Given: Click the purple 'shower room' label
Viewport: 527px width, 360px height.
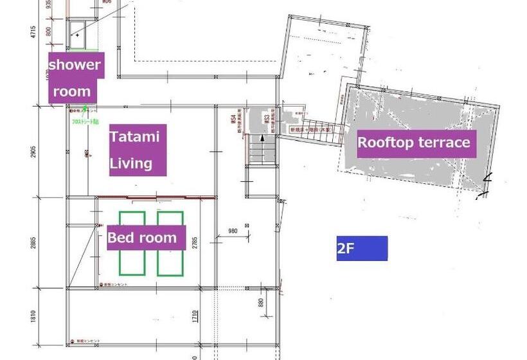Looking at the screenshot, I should click(x=76, y=77).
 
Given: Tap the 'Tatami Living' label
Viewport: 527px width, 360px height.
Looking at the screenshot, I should click(x=138, y=150).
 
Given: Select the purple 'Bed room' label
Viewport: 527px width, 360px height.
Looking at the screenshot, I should click(x=146, y=238).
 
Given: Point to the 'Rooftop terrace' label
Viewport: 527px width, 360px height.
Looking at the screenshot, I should click(x=414, y=142).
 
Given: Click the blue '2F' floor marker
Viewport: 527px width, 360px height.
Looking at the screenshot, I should click(x=362, y=248).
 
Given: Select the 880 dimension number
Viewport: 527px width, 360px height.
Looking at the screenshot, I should click(x=260, y=303).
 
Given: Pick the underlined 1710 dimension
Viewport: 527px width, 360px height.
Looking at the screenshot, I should click(x=194, y=317).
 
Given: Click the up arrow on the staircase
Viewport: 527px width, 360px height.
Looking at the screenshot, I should click(x=262, y=138).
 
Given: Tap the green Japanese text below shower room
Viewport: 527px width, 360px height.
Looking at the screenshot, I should click(x=85, y=120).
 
